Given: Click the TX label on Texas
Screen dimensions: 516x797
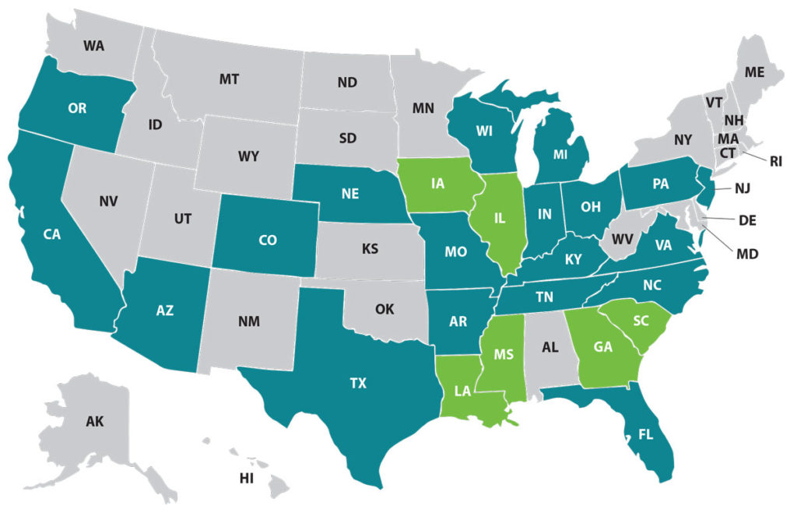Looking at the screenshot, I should pos(358,383).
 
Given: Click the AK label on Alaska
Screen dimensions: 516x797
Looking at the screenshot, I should pos(94,422).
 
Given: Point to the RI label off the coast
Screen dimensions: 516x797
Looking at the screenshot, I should pos(776,161).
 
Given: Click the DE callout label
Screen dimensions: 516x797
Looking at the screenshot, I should pos(747,220).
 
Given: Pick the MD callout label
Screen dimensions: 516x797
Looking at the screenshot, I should pos(748,253).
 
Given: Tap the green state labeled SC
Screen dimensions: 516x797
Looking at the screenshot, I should pos(641,321).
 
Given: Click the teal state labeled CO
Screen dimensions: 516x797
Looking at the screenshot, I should pos(267,240).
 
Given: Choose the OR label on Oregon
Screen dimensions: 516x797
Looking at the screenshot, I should pos(77,109).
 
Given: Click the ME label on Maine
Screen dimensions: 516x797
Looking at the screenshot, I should pos(754,72).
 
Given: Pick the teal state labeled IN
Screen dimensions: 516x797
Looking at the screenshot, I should pos(545,213).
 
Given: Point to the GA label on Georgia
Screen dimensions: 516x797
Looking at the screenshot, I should pos(603,347).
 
